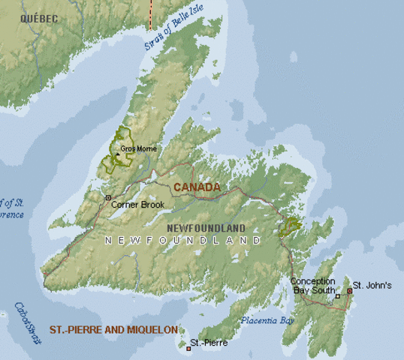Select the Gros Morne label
tap(138, 148)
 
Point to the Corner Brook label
tap(137, 204)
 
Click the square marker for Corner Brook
tap(108, 198)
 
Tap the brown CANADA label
tap(197, 187)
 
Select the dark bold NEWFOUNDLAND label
tap(206, 227)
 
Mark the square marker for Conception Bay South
tap(338, 296)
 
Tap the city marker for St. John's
tap(349, 290)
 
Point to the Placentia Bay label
tap(267, 320)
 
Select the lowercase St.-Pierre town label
tap(209, 343)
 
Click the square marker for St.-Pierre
tap(188, 349)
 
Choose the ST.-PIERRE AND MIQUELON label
tap(113, 329)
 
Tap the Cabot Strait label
tap(26, 323)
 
